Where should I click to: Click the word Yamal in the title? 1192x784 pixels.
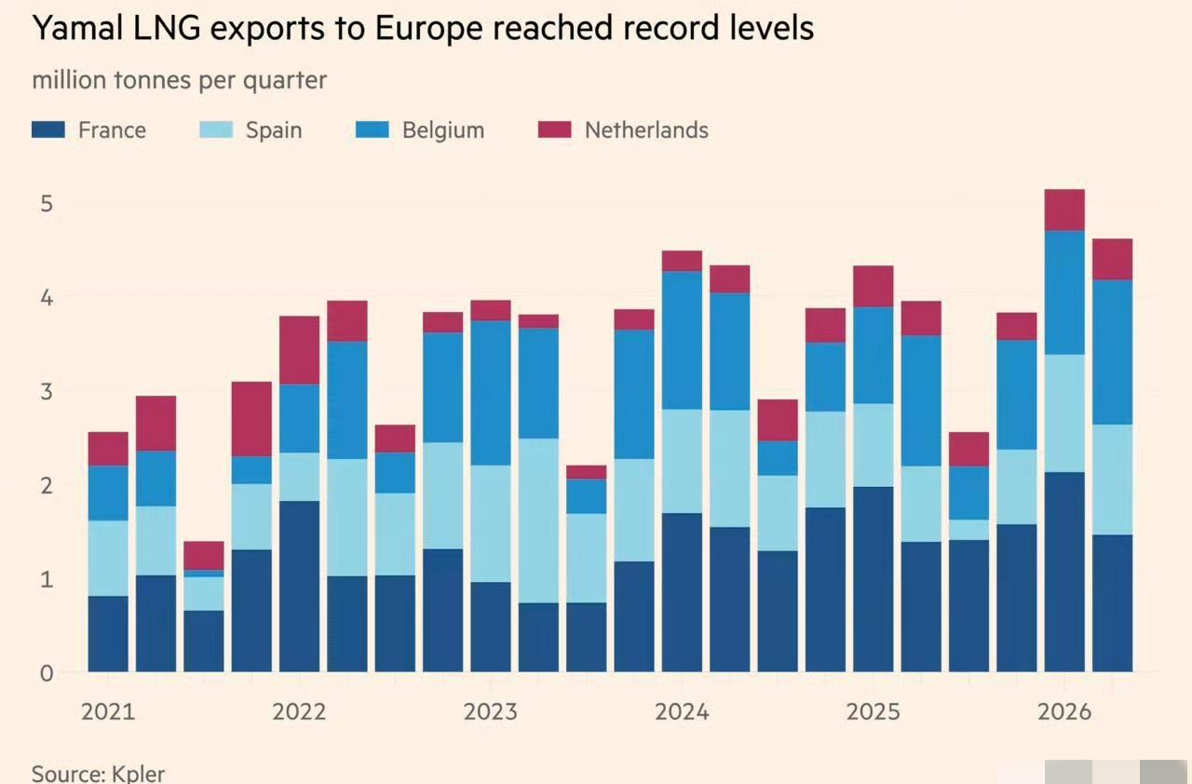[78, 29]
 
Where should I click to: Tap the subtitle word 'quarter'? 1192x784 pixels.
[285, 81]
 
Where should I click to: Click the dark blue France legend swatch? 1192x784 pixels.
[48, 129]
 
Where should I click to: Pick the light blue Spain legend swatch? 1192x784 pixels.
[216, 129]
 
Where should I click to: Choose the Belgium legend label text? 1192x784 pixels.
[443, 130]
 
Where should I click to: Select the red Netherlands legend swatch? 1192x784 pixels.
[554, 129]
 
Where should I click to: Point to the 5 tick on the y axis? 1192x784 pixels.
[47, 204]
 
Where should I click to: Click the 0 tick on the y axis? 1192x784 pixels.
[47, 674]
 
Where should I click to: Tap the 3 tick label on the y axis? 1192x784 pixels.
[47, 392]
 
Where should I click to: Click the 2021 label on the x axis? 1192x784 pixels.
[108, 711]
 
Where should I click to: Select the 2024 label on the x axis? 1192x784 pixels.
[682, 711]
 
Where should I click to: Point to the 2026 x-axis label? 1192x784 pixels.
[1064, 711]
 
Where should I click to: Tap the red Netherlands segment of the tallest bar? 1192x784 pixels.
[1064, 210]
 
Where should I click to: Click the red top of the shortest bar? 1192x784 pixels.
[204, 556]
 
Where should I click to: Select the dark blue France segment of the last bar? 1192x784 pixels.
[1112, 603]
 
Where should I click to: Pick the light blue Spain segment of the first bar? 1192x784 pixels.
[108, 559]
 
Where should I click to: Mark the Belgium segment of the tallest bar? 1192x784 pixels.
[1064, 292]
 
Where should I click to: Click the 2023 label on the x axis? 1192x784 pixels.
[490, 711]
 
